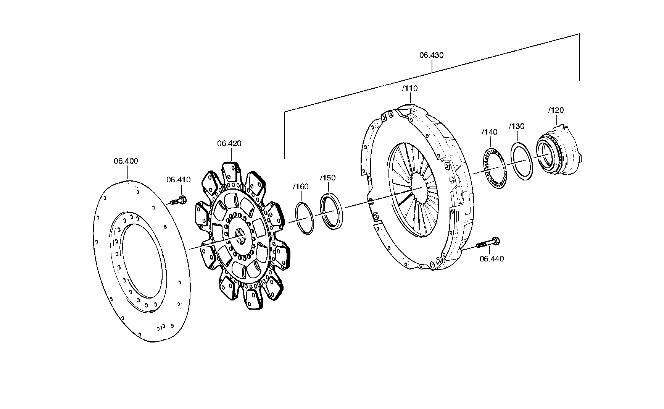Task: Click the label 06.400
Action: point(126,161)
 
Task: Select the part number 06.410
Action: point(178,180)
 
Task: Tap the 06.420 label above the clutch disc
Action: point(229,143)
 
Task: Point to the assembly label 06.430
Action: point(432,55)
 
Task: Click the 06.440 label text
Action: point(492,259)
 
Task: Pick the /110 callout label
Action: point(410,88)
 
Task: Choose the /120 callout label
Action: point(556,110)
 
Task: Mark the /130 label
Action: point(516,126)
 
